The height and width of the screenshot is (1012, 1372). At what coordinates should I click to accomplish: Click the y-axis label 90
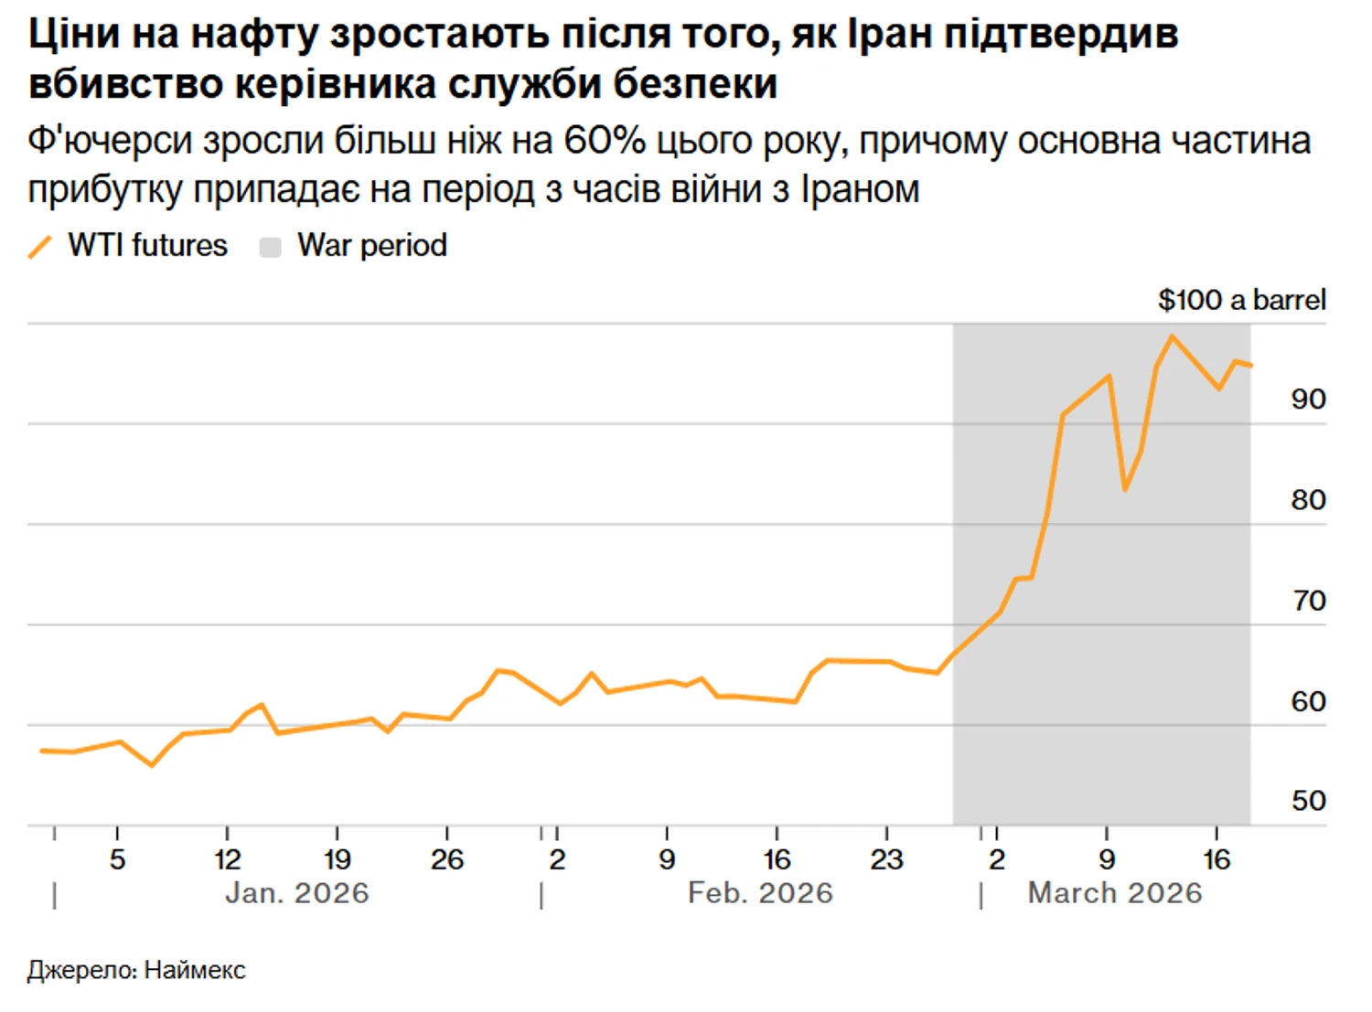point(1308,399)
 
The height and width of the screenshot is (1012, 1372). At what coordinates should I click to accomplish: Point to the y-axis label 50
point(1308,801)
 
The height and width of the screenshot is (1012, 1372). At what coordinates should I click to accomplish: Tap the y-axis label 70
point(1308,601)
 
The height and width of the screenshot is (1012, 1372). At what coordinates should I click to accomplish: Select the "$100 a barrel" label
point(1241,300)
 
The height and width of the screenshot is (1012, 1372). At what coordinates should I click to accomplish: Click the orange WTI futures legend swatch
point(40,246)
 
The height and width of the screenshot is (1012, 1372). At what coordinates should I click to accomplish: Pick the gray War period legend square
point(270,247)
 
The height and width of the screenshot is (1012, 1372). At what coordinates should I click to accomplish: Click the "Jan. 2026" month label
point(297,893)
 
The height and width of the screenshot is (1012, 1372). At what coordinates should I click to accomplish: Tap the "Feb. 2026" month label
point(760,893)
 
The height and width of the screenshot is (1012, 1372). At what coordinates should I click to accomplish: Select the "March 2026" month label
point(1114,893)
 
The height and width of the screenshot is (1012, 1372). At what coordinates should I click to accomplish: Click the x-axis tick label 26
point(447,859)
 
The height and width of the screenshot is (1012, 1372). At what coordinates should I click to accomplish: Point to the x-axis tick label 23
point(886,859)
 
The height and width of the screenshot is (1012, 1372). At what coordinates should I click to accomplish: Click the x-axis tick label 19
point(338,859)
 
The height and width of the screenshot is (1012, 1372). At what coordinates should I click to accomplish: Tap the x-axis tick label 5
point(117,859)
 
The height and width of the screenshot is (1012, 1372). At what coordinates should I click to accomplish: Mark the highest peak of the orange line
point(1172,336)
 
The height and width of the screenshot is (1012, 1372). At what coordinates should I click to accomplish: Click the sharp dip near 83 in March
point(1124,490)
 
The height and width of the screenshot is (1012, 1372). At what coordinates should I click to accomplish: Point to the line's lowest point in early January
point(152,765)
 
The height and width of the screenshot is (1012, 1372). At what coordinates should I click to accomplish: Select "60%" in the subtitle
point(605,141)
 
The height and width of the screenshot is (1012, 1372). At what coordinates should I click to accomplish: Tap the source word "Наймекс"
point(195,970)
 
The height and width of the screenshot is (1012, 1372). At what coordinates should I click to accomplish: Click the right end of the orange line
point(1250,366)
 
